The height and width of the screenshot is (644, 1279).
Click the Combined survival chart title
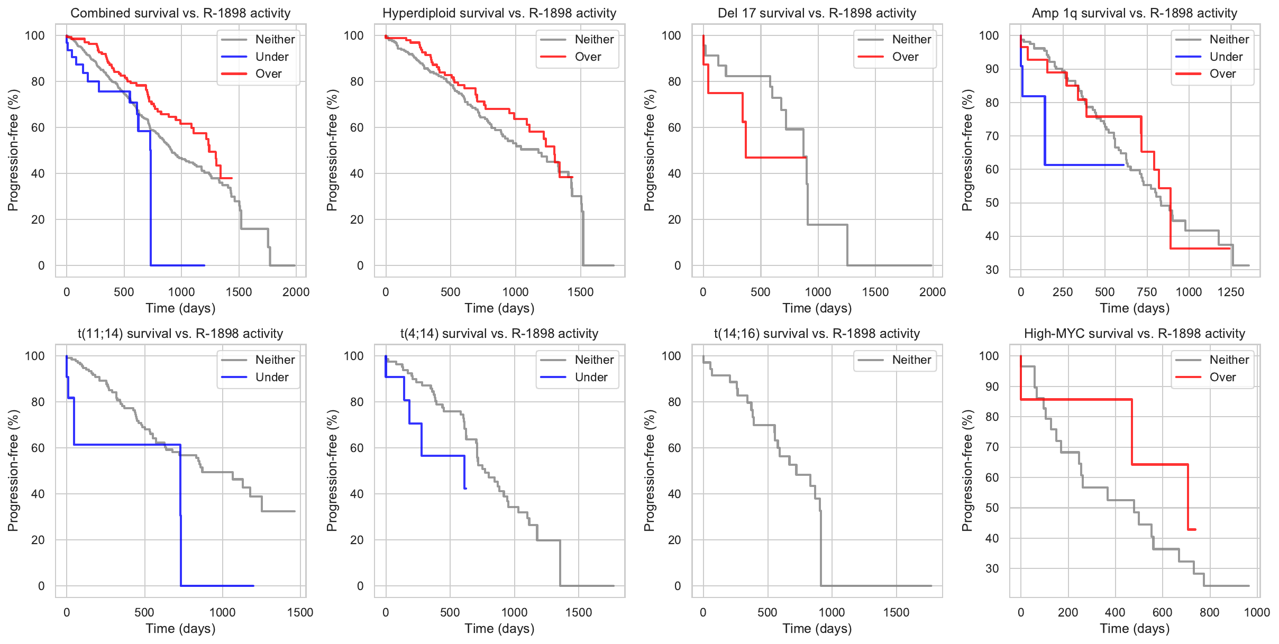(x=180, y=13)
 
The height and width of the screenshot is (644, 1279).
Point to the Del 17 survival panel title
(x=817, y=13)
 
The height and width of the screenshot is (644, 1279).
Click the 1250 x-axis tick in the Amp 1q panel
(x=1231, y=292)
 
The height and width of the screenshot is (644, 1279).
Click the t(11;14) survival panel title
(x=180, y=334)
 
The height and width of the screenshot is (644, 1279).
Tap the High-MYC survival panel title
(x=1135, y=334)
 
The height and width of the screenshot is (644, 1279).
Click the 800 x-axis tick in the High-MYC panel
(x=1210, y=612)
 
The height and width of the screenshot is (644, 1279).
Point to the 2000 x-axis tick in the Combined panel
(x=296, y=292)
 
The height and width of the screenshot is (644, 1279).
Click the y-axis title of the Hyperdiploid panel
(x=332, y=150)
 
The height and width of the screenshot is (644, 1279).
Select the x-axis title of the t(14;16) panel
(x=817, y=629)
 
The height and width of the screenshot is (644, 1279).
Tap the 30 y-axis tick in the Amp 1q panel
(x=992, y=270)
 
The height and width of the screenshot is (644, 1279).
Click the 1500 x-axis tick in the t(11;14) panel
(x=300, y=612)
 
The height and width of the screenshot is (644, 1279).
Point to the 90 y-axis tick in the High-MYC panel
(x=992, y=387)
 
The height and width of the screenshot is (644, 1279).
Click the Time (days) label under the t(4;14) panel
(x=499, y=629)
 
